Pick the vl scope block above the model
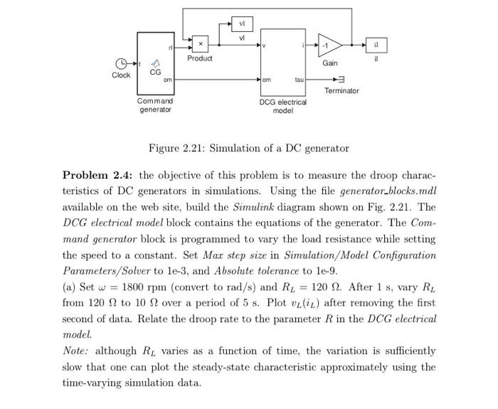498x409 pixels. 242,24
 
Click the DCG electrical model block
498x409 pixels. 283,62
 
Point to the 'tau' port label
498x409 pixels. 299,80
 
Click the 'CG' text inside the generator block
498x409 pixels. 155,72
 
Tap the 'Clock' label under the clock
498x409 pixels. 120,75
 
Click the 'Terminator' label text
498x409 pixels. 341,91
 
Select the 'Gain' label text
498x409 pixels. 330,63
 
